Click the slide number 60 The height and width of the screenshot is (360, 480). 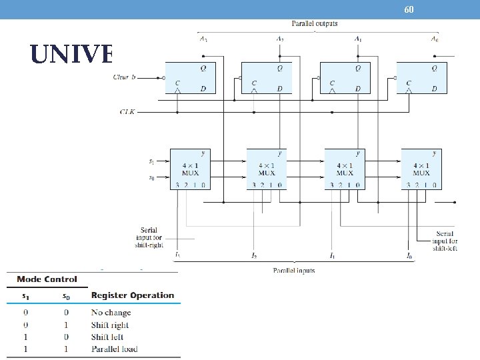pos(409,9)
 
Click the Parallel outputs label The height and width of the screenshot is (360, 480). pos(315,23)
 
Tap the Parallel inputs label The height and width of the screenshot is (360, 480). pos(294,270)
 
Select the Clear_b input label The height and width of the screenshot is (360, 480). pos(125,77)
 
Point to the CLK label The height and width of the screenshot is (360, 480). pos(127,112)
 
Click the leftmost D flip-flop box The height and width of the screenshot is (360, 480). pos(191,78)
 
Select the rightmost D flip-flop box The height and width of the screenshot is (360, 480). pos(422,78)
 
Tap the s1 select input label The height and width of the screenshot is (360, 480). pos(151,161)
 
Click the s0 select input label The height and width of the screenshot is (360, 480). pos(151,178)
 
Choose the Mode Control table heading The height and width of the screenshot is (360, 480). pos(47,279)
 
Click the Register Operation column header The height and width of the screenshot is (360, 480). pos(133,295)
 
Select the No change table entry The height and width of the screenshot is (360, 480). pos(111,312)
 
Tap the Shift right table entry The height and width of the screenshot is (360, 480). pos(110,325)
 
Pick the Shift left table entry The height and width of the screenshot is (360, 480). pos(107,337)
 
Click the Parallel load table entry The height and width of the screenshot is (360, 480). pos(114,349)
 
